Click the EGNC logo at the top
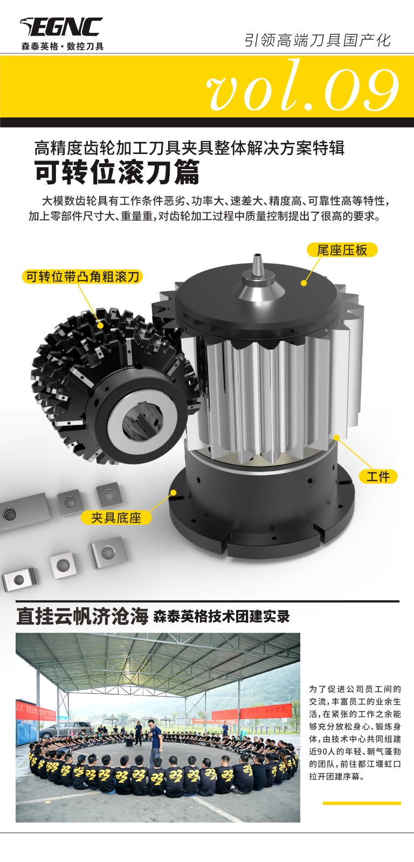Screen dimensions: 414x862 61,27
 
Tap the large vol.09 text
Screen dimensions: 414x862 303,87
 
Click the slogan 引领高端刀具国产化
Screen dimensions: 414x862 318,40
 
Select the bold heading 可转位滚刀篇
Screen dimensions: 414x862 117,172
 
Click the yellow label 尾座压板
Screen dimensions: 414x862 342,250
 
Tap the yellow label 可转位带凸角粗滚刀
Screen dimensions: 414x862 82,276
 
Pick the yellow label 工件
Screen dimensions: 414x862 378,477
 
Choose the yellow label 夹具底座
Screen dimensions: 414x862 116,518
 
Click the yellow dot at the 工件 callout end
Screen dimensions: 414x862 336,437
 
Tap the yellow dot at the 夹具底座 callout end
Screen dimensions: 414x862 173,492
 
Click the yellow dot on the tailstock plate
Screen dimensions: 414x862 304,283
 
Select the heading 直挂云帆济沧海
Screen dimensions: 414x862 82,616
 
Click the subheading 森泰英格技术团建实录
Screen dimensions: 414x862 222,616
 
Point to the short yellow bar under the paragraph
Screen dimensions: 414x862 362,803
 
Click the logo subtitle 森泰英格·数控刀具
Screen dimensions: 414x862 63,46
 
